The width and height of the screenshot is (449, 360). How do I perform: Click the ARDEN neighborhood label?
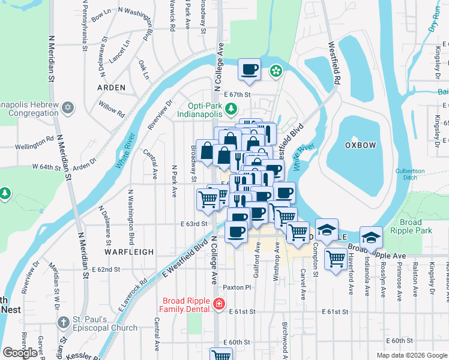pos(112,88)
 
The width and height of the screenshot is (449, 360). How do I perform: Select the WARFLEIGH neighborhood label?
pos(129,252)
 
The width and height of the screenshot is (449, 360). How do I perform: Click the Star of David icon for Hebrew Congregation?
pos(68,107)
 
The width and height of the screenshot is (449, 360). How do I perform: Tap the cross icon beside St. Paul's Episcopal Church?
pos(63,322)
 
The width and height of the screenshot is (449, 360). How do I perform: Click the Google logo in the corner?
pos(20,353)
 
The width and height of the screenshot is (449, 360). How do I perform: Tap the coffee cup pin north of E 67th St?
pos(249,68)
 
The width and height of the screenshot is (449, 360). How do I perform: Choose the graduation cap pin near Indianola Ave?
pos(371,237)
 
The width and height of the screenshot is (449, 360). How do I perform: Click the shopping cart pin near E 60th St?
pos(220,355)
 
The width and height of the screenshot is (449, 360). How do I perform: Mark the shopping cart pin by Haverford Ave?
pos(335,259)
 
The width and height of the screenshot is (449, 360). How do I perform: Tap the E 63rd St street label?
pos(193,224)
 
